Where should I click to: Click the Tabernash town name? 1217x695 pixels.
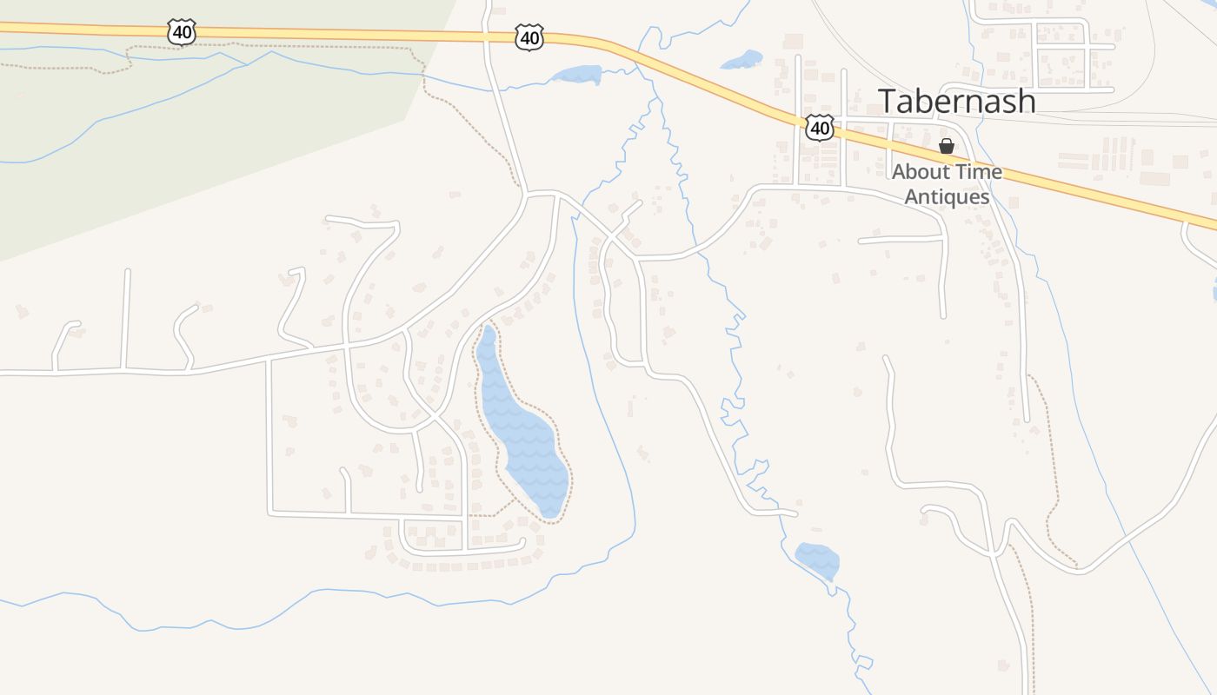pyautogui.click(x=956, y=101)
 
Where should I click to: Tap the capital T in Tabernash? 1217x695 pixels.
pyautogui.click(x=887, y=101)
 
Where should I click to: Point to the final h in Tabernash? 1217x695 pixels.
pyautogui.click(x=1026, y=101)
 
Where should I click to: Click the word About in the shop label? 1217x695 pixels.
pyautogui.click(x=921, y=172)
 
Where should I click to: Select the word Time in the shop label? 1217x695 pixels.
pyautogui.click(x=978, y=172)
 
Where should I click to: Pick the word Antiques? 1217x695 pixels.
pyautogui.click(x=947, y=197)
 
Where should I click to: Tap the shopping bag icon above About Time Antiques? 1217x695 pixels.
pyautogui.click(x=947, y=146)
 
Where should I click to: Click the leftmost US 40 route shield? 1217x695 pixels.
pyautogui.click(x=182, y=32)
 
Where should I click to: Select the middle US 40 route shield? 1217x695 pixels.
pyautogui.click(x=529, y=36)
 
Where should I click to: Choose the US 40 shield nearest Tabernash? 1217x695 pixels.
pyautogui.click(x=819, y=128)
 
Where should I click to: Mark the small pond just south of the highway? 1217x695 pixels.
pyautogui.click(x=575, y=75)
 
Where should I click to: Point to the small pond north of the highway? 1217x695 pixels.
pyautogui.click(x=742, y=60)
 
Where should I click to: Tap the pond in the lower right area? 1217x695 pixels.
pyautogui.click(x=817, y=559)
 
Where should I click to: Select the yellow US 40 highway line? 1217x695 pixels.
pyautogui.click(x=348, y=34)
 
